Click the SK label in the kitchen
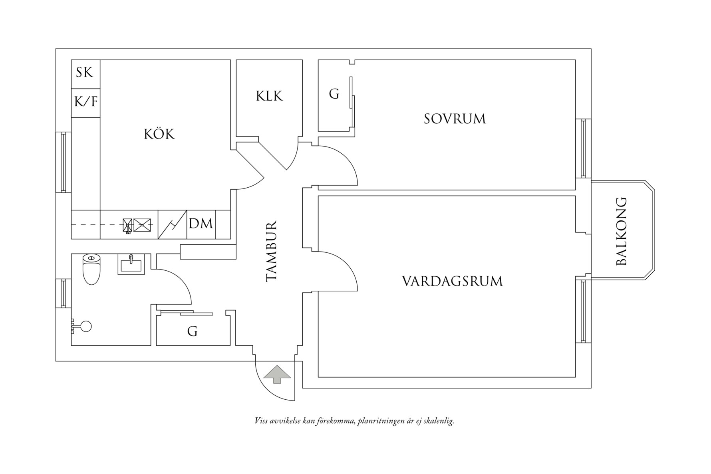[x=85, y=72]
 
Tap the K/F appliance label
[x=86, y=101]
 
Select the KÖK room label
[x=159, y=134]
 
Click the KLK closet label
[x=269, y=96]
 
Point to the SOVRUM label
[x=455, y=119]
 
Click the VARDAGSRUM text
[x=452, y=281]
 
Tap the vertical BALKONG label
[x=622, y=231]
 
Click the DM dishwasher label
[x=201, y=224]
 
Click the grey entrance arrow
[x=276, y=374]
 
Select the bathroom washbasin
[x=130, y=265]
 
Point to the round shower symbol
[x=85, y=326]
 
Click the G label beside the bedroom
[x=334, y=94]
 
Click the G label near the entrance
[x=192, y=331]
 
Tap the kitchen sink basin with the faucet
[x=127, y=225]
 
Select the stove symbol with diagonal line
[x=173, y=224]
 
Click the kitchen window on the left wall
[x=63, y=162]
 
